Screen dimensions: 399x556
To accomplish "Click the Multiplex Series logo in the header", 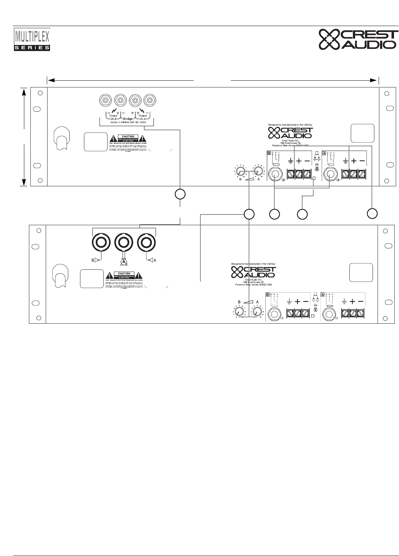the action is [x=32, y=40].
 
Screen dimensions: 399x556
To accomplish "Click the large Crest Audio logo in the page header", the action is [x=358, y=39].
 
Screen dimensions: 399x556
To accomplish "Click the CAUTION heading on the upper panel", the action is [x=128, y=136].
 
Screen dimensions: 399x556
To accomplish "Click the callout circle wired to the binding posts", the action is [x=180, y=194].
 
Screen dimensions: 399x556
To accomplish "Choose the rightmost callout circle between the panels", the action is [x=372, y=214].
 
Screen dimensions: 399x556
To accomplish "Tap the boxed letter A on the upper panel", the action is [x=324, y=153].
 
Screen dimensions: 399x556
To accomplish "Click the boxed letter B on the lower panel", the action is [x=268, y=294].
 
